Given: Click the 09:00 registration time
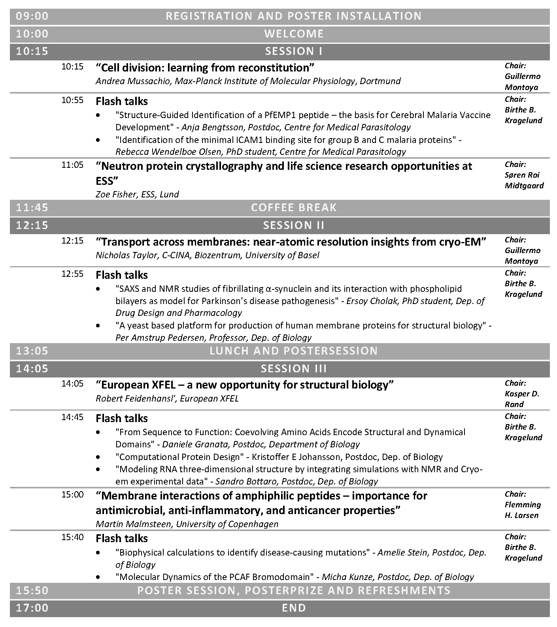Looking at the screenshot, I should pos(32,16).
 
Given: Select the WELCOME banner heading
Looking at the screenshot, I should pos(294,34).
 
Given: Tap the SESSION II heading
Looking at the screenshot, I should pos(294,225).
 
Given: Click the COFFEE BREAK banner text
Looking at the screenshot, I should pos(294,208).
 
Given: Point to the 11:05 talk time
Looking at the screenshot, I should pos(72,165).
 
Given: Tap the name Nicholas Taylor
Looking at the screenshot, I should pos(127,255).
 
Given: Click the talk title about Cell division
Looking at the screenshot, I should pos(205,68).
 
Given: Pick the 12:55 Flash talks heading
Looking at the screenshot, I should pos(122,275).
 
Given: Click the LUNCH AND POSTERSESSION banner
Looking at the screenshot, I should pos(294,351).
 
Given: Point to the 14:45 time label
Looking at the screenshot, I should pos(72,417).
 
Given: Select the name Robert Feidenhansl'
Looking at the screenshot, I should pos(135,399).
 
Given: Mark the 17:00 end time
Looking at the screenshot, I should pos(32,608).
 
